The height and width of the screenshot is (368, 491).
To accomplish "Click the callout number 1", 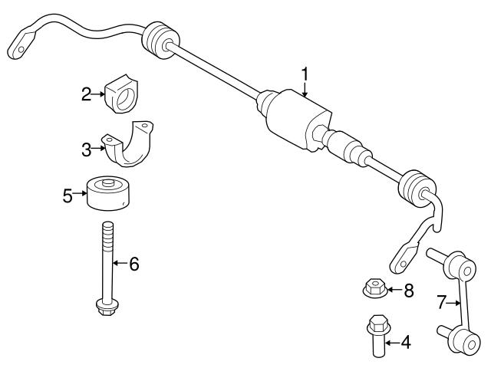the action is tap(305, 74).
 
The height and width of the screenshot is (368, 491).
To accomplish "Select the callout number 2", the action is tap(86, 94).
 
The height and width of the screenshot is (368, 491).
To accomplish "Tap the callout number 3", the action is tap(86, 149).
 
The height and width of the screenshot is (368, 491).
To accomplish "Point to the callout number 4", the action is tap(406, 343).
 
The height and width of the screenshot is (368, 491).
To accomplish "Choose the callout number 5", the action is tap(68, 195).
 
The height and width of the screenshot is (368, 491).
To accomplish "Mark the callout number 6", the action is tap(134, 264).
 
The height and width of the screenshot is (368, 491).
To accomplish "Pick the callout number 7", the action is tap(441, 302).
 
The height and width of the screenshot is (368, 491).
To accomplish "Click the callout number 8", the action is tap(409, 291).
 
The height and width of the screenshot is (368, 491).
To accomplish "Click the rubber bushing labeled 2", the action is tap(121, 94).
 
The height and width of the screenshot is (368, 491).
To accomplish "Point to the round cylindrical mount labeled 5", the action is tap(108, 192).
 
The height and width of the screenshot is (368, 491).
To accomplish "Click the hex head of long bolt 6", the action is tap(107, 307).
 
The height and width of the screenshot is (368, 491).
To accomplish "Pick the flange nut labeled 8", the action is tap(375, 288).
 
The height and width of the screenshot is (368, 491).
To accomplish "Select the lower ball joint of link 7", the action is tap(466, 342).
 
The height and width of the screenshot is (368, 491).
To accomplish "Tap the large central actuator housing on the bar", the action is tap(298, 119).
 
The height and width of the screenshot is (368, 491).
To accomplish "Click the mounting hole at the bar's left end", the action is tap(21, 49).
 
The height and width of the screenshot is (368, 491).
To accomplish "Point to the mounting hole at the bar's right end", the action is tap(403, 264).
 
